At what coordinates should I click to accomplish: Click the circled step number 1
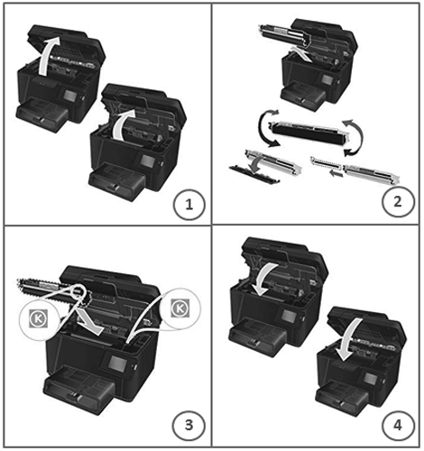(x=189, y=205)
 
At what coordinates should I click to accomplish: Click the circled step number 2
(x=398, y=201)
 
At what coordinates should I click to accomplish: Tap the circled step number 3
(x=189, y=425)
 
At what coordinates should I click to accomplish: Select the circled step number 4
(x=398, y=425)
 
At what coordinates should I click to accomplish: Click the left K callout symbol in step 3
(x=38, y=318)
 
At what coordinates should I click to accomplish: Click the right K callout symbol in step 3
(x=180, y=308)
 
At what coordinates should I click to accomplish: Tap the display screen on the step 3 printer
(x=118, y=364)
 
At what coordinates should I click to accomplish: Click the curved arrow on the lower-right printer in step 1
(x=124, y=124)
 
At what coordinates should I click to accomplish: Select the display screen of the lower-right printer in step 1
(x=149, y=162)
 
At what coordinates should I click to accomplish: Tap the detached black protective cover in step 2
(x=254, y=174)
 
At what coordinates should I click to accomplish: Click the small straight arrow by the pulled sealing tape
(x=336, y=173)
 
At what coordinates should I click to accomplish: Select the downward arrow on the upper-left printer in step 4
(x=265, y=278)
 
